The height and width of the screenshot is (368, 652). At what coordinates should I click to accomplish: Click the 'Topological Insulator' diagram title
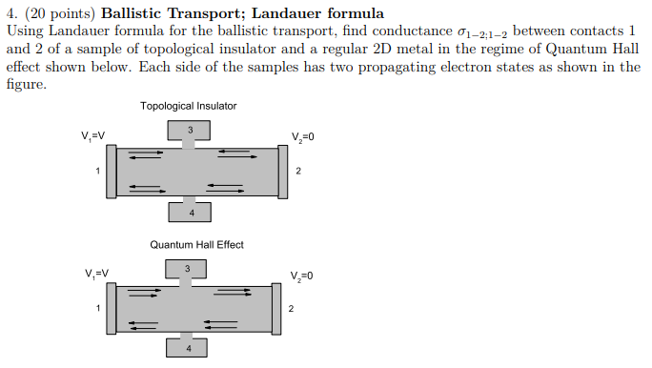pos(189,106)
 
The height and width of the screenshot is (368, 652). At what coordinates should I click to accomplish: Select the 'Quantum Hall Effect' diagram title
pos(196,245)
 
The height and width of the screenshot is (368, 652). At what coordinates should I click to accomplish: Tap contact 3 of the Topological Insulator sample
pos(190,131)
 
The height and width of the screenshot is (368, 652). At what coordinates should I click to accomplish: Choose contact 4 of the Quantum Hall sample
pos(189,349)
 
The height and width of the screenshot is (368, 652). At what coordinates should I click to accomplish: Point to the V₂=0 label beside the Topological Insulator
pos(300,136)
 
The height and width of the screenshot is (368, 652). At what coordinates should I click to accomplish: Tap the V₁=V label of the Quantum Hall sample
pos(95,274)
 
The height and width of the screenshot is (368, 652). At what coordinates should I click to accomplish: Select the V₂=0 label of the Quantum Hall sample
pos(300,276)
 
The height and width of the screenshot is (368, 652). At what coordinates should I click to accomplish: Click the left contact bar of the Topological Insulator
pos(112,171)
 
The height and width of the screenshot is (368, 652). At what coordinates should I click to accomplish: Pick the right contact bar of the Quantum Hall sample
pos(277,308)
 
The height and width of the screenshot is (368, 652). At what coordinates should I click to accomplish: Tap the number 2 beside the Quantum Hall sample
pos(292,309)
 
